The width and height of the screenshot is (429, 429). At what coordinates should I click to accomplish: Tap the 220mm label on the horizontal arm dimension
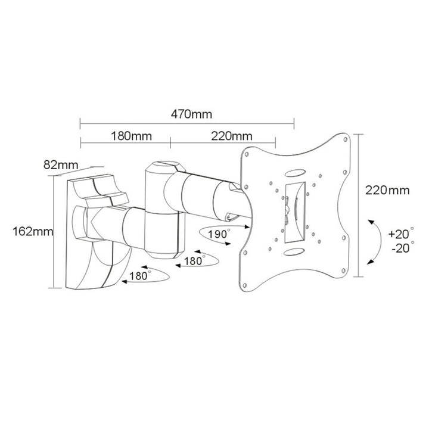[x=231, y=135]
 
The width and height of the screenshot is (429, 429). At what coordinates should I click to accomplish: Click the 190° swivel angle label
[x=220, y=234]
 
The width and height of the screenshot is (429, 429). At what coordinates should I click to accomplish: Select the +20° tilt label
[x=398, y=234]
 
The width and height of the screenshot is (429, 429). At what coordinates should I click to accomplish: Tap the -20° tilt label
[x=398, y=247]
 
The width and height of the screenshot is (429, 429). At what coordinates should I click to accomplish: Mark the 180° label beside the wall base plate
[x=141, y=275]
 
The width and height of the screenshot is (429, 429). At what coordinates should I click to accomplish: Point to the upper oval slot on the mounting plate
[x=295, y=173]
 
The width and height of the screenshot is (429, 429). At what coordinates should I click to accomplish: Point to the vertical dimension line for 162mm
[x=54, y=232]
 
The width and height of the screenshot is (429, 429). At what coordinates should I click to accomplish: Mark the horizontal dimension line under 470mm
[x=186, y=124]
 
